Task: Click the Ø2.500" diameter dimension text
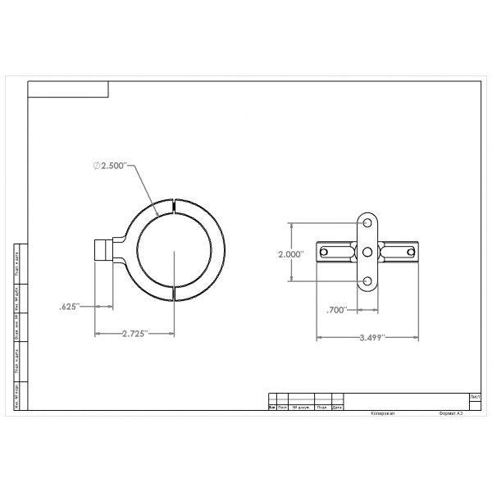pyautogui.click(x=111, y=166)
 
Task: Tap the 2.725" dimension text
pyautogui.click(x=134, y=334)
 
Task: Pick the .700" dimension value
pyautogui.click(x=336, y=310)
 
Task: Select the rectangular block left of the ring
pyautogui.click(x=103, y=249)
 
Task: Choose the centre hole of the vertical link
pyautogui.click(x=367, y=252)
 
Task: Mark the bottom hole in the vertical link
pyautogui.click(x=367, y=281)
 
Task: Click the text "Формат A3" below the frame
pyautogui.click(x=451, y=413)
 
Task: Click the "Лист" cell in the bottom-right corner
pyautogui.click(x=475, y=397)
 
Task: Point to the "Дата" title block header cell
pyautogui.click(x=337, y=407)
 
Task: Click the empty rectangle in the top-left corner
pyautogui.click(x=68, y=89)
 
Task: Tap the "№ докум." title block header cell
pyautogui.click(x=301, y=407)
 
